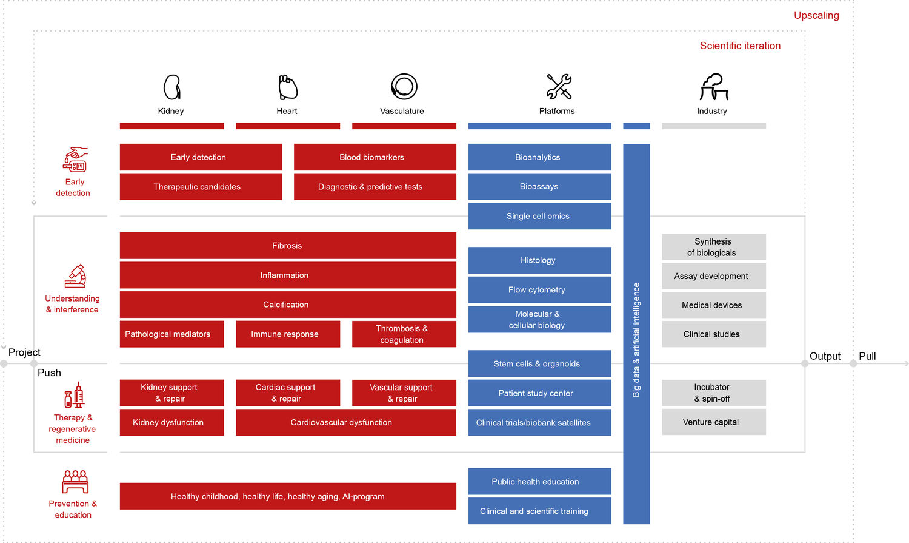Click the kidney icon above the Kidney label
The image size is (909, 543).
(x=171, y=87)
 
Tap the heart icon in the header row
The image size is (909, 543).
(x=288, y=87)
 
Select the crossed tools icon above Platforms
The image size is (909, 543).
(x=559, y=87)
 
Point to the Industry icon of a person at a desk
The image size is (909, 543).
(x=714, y=87)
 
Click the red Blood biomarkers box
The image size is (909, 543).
(x=375, y=157)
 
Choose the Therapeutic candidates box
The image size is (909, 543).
(x=201, y=187)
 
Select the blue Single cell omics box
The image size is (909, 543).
(x=540, y=216)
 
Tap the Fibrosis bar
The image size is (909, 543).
(x=288, y=246)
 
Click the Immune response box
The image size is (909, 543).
(x=288, y=334)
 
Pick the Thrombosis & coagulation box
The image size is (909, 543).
(x=404, y=334)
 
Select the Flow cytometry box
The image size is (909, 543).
(x=540, y=290)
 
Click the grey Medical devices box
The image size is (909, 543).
(x=714, y=305)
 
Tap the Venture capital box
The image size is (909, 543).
(x=714, y=422)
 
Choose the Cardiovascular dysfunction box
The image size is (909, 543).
(x=346, y=422)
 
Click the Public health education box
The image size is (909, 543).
(x=540, y=482)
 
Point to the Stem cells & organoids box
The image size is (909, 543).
(x=540, y=363)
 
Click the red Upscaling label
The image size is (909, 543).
(x=816, y=15)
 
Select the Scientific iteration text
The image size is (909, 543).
(x=740, y=46)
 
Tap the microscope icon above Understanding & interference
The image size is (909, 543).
(x=76, y=276)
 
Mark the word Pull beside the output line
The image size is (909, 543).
(x=867, y=356)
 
